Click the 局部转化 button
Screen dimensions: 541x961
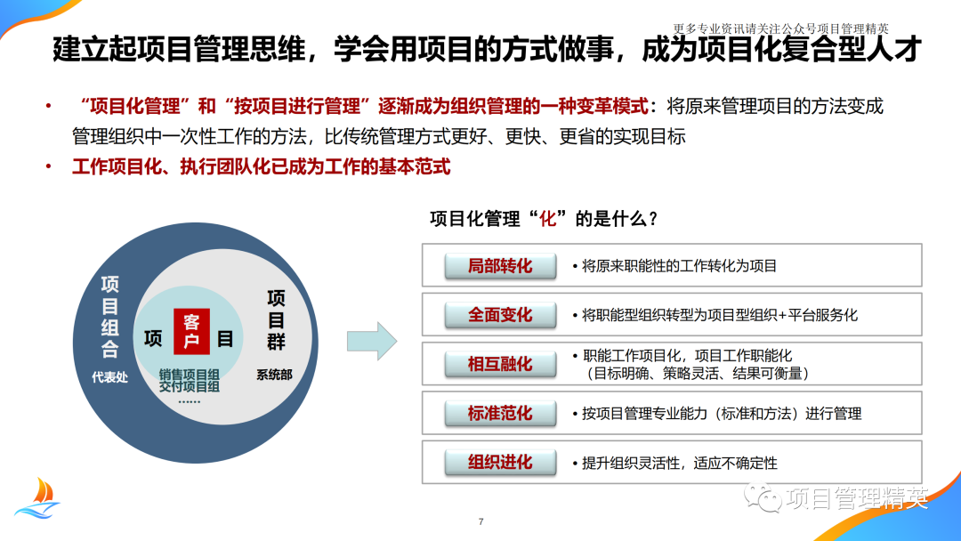500,265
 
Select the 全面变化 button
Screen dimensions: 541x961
500,314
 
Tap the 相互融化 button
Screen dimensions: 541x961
500,363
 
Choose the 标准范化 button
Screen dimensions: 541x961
500,413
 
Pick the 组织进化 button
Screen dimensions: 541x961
500,462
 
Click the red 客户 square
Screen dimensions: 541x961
191,330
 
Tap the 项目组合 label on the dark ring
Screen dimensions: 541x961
109,317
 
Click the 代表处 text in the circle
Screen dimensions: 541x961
109,377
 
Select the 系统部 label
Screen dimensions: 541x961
274,375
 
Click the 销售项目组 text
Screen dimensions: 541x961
190,374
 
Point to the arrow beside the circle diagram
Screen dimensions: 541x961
371,341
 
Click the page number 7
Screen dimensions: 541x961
480,521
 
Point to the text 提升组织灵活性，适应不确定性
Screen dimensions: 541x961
680,463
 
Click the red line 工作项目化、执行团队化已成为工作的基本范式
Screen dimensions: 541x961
261,166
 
